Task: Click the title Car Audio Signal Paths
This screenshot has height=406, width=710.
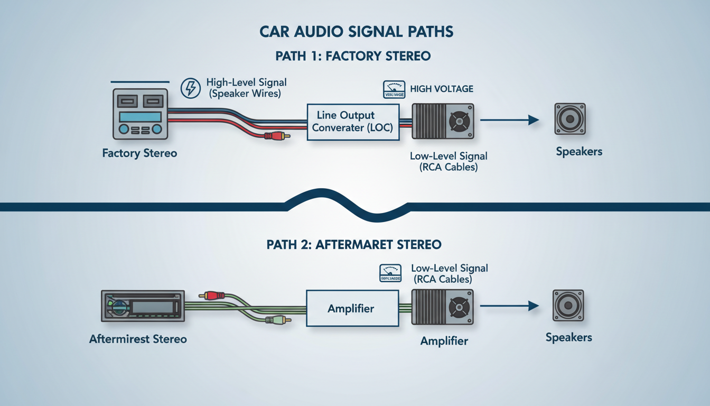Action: coord(356,32)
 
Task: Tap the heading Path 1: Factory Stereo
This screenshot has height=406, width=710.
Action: coord(353,56)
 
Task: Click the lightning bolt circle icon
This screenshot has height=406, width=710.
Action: coord(191,88)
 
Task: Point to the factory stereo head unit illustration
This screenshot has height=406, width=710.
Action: coord(140,114)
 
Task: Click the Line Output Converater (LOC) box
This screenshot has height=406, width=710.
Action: coord(353,122)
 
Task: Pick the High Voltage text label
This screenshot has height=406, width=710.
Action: coord(442,89)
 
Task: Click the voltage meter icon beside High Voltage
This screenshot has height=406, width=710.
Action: coord(393,90)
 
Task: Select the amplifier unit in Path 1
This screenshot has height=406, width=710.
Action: coord(442,121)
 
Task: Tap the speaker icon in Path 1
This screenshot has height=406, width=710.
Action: coord(569,119)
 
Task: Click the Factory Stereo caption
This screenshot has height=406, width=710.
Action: coord(139,153)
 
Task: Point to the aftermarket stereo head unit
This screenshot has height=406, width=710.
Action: coord(143,306)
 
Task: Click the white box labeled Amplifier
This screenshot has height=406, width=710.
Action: coord(351,308)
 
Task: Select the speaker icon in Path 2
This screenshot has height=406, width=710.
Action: coord(568,305)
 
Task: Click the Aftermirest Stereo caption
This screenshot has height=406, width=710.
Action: coord(138,339)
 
